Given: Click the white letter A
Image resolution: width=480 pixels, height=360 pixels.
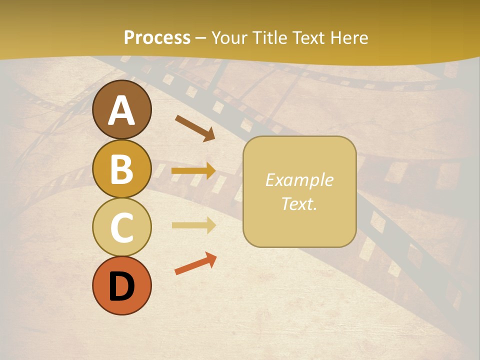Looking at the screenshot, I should tap(121, 111).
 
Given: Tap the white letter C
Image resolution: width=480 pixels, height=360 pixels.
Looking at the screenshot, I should tap(121, 227).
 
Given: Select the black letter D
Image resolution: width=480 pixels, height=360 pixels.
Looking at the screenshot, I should tap(121, 286).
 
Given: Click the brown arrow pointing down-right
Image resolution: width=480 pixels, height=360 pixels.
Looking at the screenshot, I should tap(194, 127).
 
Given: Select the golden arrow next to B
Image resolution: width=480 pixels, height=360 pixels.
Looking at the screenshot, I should tap(193, 171).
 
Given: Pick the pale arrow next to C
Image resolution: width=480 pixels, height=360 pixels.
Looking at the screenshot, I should tap(193, 225).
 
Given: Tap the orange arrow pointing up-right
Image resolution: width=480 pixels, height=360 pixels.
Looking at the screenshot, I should tap(195, 263).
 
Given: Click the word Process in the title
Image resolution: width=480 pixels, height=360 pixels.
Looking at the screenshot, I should tap(157, 38).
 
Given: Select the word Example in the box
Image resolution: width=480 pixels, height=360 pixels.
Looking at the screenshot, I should tap(299, 180).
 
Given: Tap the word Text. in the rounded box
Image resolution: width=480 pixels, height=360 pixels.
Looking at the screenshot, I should tap(299, 204).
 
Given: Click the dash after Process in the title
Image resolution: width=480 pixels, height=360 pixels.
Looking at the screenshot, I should tap(200, 38).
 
